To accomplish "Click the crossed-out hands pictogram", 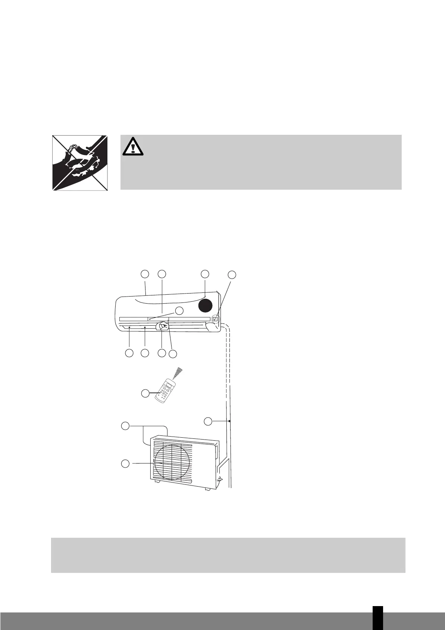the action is (79, 163).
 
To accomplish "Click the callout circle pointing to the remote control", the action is (145, 393).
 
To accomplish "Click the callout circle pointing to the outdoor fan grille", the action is (126, 463).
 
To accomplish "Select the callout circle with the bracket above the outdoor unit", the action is (126, 426).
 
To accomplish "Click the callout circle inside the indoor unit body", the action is (180, 311).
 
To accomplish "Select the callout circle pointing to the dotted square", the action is (232, 275).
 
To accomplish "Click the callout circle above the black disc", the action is (204, 273).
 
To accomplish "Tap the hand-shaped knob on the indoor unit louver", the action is (163, 326).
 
